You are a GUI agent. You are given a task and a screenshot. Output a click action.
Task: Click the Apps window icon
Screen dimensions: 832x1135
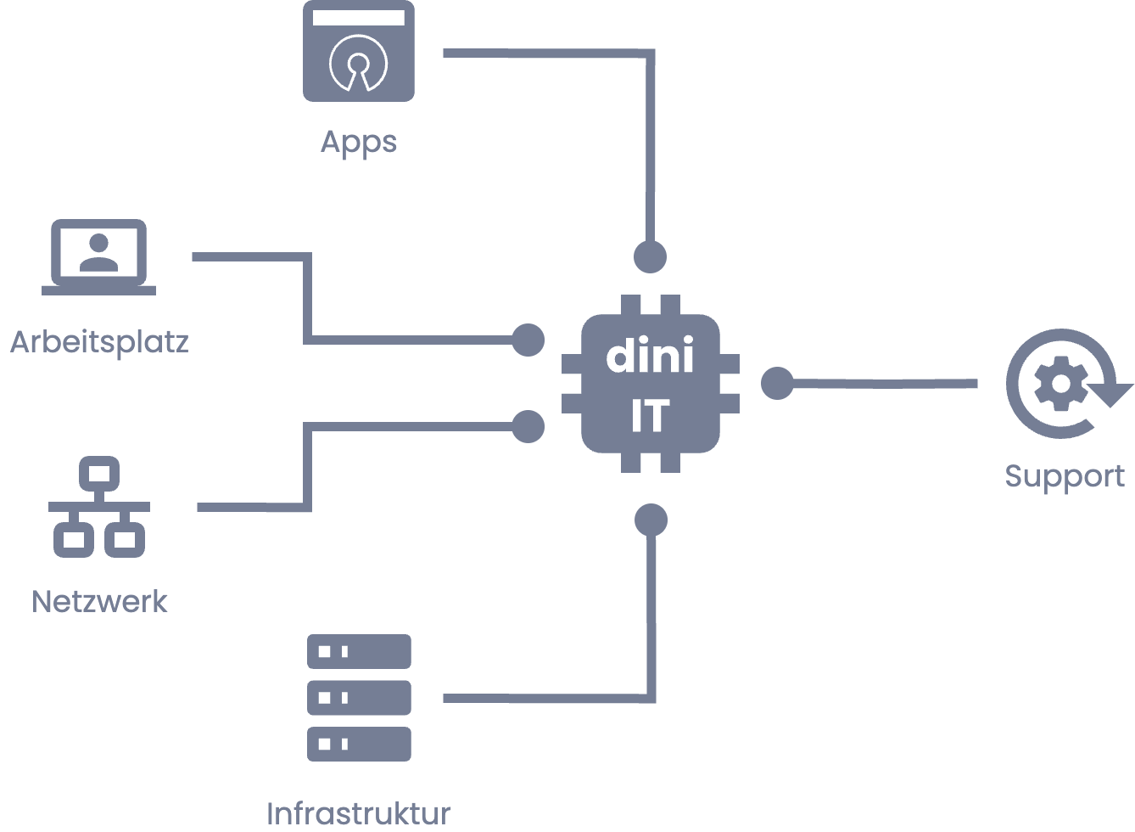click(x=359, y=51)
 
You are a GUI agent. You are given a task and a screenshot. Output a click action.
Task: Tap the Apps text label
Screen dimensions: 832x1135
click(x=359, y=142)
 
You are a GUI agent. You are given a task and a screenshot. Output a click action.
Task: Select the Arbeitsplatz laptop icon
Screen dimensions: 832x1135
click(x=98, y=257)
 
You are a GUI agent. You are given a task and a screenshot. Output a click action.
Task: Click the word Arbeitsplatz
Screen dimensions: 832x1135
click(x=98, y=342)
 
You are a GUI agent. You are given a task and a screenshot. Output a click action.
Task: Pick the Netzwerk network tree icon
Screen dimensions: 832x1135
click(x=98, y=507)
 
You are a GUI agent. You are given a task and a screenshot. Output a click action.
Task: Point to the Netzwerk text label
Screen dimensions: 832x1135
click(x=99, y=602)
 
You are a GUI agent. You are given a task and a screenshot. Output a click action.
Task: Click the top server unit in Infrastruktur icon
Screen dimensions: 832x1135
click(x=359, y=651)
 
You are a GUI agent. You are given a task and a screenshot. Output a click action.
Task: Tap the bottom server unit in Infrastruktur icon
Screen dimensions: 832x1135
click(x=359, y=744)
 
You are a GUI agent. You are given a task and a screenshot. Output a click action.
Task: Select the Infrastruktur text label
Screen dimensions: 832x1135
click(x=359, y=813)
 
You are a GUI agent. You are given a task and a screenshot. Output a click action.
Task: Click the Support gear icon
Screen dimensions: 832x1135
click(x=1060, y=384)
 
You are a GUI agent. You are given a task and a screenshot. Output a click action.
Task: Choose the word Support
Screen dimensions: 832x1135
click(x=1065, y=476)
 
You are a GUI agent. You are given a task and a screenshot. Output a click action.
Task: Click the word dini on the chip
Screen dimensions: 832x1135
click(x=650, y=356)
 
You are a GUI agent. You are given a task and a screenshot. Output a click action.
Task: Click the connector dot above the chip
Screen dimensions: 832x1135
click(x=651, y=257)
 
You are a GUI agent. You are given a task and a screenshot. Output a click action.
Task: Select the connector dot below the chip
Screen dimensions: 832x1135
click(x=651, y=520)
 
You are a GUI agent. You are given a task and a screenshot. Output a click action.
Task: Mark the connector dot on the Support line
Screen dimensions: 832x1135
click(x=776, y=384)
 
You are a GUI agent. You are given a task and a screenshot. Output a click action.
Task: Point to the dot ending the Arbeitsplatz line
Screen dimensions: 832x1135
click(x=528, y=340)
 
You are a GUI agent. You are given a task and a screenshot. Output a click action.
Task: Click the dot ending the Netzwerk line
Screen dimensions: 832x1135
click(x=528, y=426)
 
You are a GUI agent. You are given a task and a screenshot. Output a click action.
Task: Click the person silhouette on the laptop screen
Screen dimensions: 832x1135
click(x=98, y=253)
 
